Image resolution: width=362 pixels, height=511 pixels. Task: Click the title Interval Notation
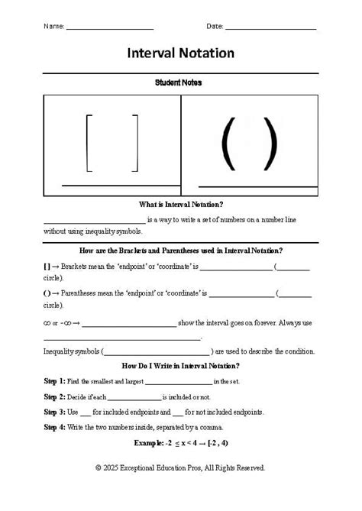click(x=180, y=53)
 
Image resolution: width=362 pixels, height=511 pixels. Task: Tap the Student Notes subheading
click(x=180, y=82)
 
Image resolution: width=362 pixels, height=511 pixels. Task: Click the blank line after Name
click(x=110, y=28)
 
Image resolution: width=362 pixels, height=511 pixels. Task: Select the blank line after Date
click(x=271, y=28)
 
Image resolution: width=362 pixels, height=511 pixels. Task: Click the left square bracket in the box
click(x=89, y=143)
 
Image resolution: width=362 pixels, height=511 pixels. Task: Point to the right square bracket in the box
click(x=135, y=143)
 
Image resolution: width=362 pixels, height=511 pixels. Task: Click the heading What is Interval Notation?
click(x=181, y=205)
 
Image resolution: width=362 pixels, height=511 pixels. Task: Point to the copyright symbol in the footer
click(x=99, y=467)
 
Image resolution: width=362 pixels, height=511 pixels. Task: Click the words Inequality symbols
click(x=71, y=351)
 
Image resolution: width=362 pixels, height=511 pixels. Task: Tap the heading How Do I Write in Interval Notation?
click(x=181, y=366)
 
